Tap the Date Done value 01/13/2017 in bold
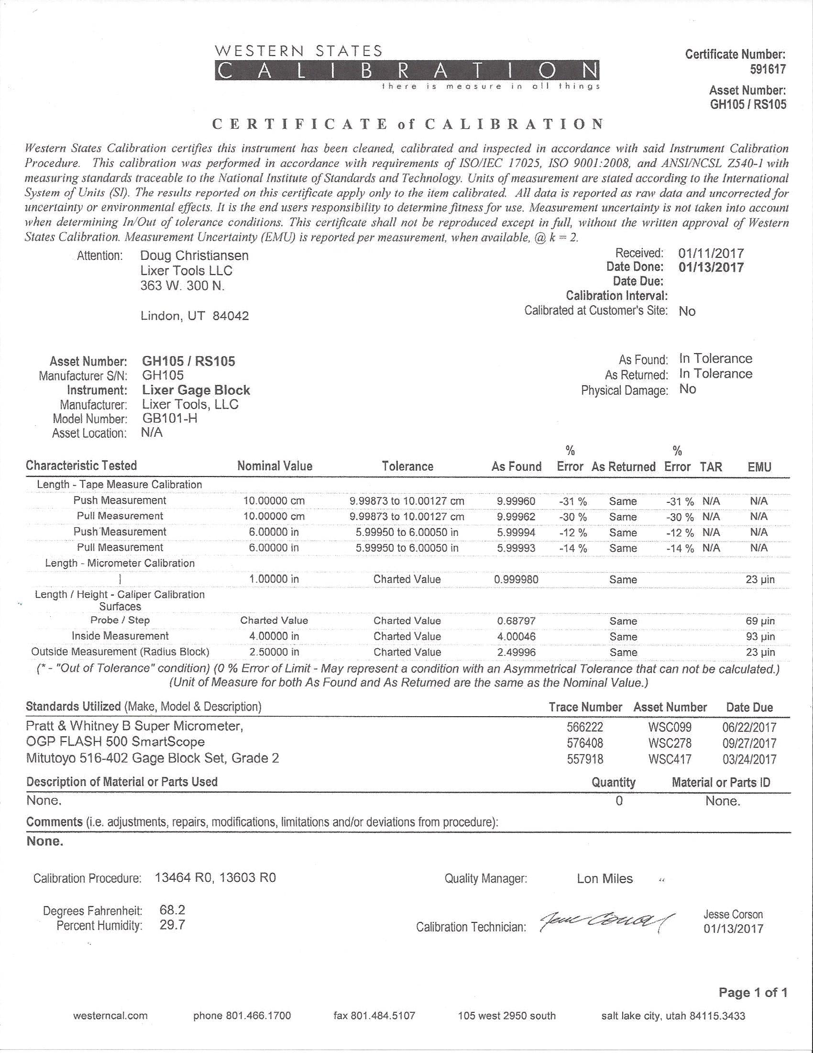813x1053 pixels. pyautogui.click(x=711, y=267)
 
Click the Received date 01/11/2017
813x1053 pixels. pyautogui.click(x=711, y=253)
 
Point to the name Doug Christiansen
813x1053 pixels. pyautogui.click(x=194, y=255)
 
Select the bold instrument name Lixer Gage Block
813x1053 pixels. pyautogui.click(x=196, y=390)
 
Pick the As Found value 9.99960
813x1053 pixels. pyautogui.click(x=516, y=501)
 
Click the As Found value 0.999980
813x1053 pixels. pyautogui.click(x=516, y=579)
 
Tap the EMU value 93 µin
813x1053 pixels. pyautogui.click(x=760, y=636)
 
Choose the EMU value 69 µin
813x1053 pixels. pyautogui.click(x=760, y=621)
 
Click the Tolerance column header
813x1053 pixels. pyautogui.click(x=407, y=466)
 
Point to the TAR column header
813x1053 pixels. pyautogui.click(x=711, y=467)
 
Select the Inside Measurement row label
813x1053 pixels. pyautogui.click(x=120, y=636)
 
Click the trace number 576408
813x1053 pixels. pyautogui.click(x=584, y=743)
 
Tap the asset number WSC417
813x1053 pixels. pyautogui.click(x=670, y=759)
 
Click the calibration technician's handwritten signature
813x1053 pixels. pyautogui.click(x=607, y=922)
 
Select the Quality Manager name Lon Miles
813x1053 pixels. pyautogui.click(x=604, y=878)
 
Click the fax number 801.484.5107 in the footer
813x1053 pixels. pyautogui.click(x=374, y=1016)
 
